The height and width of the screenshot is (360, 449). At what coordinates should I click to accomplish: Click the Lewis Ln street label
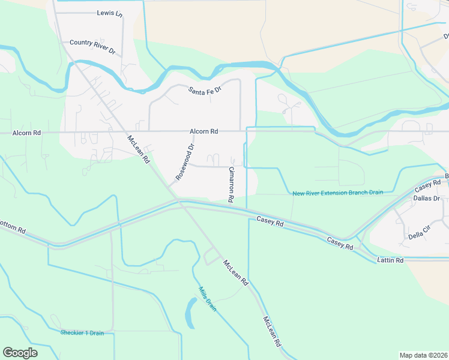[108, 13]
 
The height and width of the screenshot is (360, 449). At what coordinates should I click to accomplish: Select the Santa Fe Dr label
[205, 90]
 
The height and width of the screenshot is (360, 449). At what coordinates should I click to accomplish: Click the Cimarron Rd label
[230, 184]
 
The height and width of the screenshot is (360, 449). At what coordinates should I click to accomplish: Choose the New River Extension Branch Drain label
[337, 193]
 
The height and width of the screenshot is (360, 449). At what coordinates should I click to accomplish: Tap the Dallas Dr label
[427, 198]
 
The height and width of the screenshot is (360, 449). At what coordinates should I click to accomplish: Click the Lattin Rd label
[390, 260]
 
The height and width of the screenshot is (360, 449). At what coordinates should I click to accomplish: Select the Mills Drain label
[207, 298]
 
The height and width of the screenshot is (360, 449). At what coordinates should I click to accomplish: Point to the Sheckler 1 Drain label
[82, 332]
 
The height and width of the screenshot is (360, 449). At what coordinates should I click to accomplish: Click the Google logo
[20, 353]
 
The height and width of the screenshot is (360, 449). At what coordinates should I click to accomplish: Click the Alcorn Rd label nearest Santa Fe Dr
[203, 131]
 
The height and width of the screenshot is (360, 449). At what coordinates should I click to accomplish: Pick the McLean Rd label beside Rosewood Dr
[138, 150]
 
